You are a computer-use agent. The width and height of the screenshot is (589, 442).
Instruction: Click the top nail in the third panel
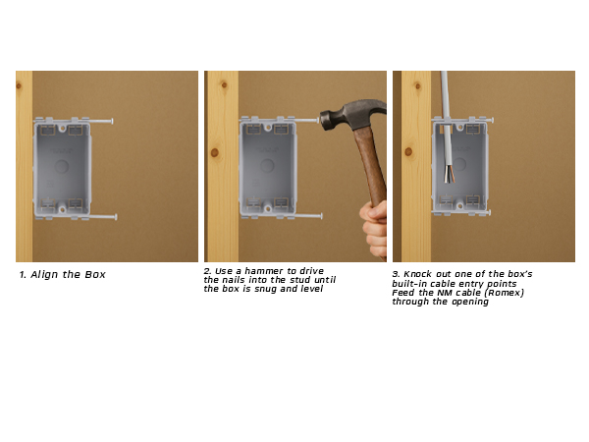[481, 121]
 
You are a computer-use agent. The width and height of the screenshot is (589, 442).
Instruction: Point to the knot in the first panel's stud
[19, 86]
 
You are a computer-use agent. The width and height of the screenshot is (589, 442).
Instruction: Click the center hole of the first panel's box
[63, 167]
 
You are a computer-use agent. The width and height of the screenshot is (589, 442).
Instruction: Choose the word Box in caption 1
[94, 275]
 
